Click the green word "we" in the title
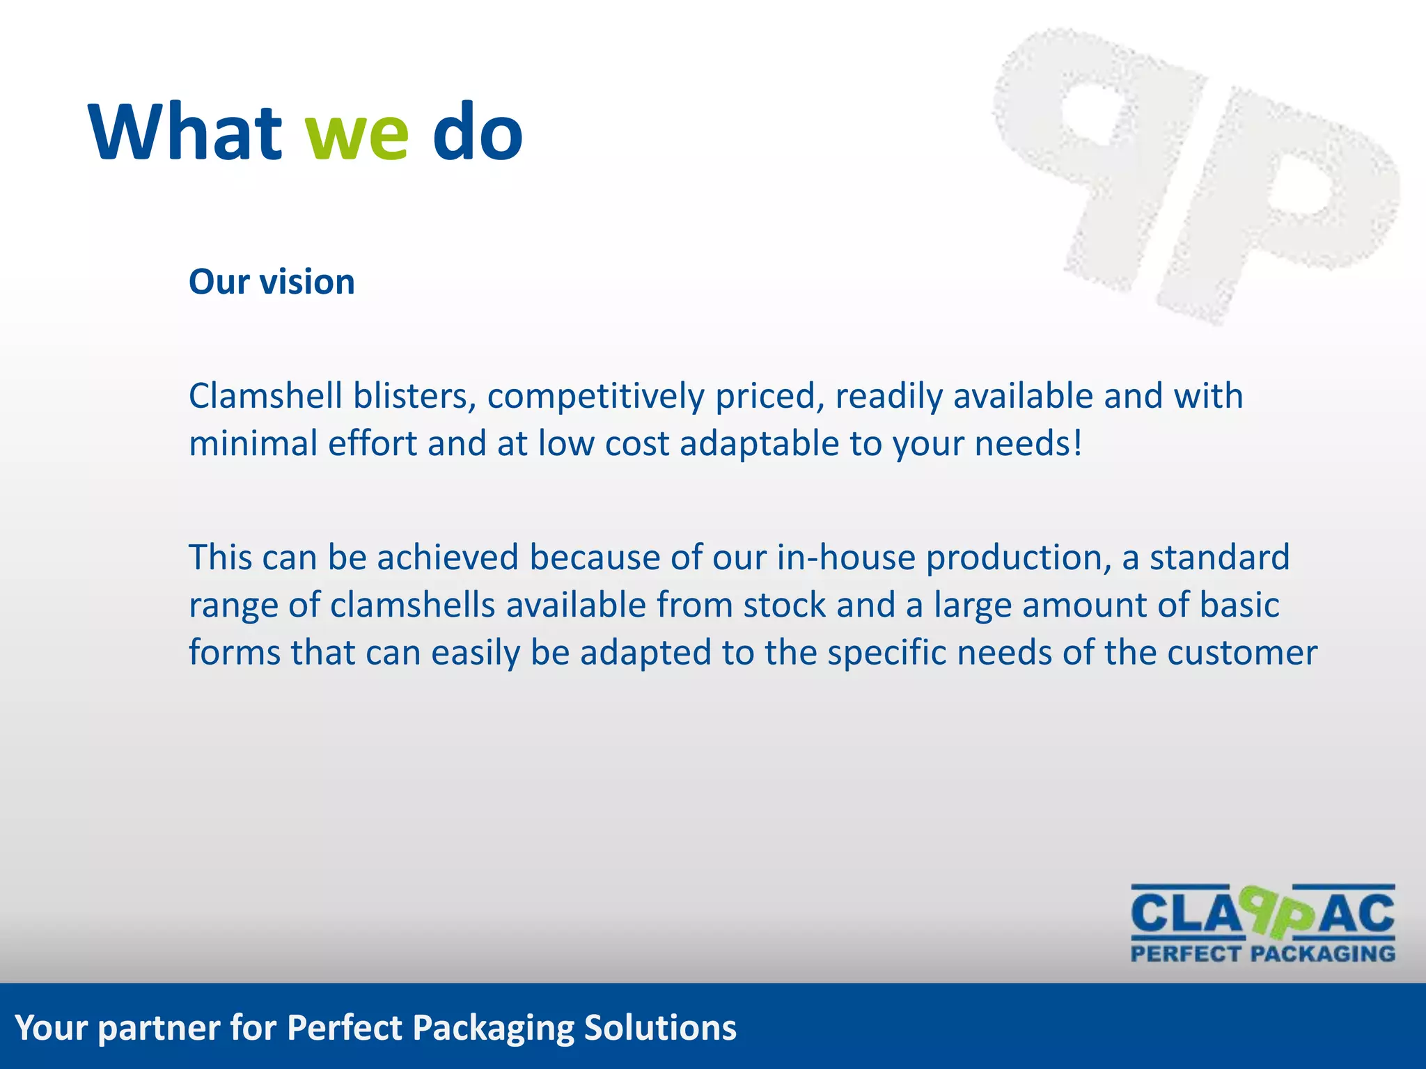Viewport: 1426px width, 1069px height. (x=356, y=134)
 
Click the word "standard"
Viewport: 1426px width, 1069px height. (x=1219, y=557)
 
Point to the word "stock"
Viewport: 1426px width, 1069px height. (x=784, y=605)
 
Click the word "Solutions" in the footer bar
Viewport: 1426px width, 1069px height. (x=660, y=1028)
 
